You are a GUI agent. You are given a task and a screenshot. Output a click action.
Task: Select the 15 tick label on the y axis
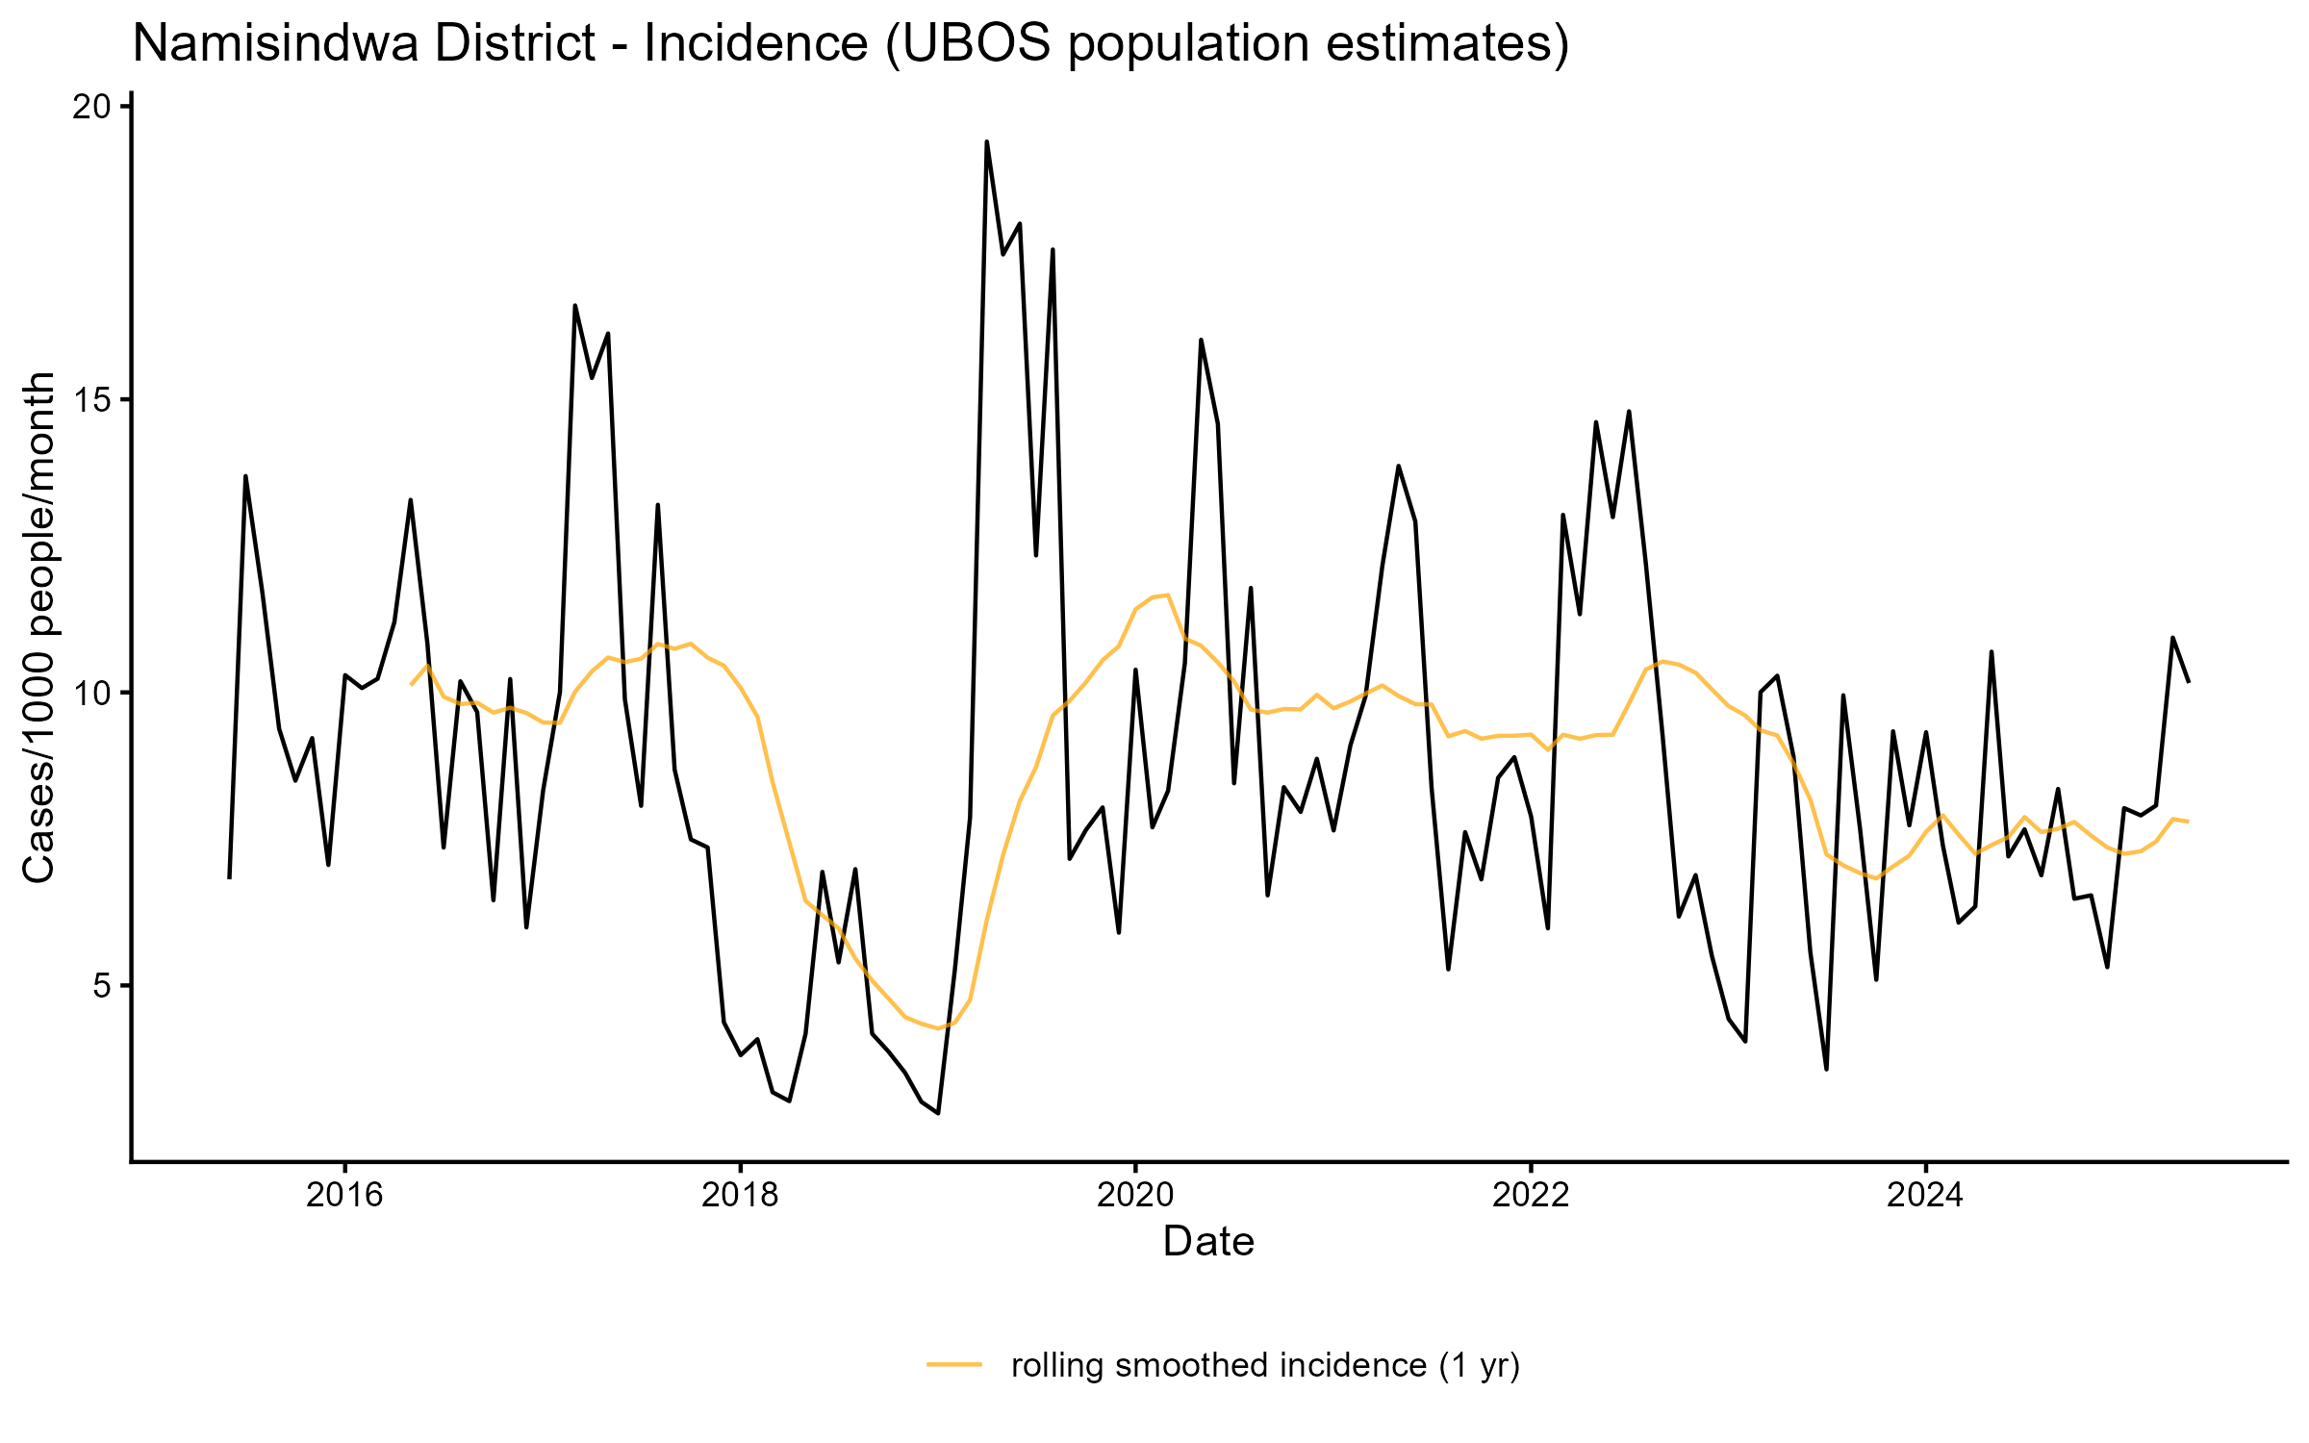point(90,400)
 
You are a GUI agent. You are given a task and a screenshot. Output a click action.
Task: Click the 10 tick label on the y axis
point(90,694)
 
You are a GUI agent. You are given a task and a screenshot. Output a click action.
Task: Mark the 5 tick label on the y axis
point(102,987)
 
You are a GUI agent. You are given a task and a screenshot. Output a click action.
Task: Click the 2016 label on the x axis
point(344,1196)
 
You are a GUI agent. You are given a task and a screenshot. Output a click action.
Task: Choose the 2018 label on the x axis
point(740,1196)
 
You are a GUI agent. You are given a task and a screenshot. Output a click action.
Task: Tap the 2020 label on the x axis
point(1135,1196)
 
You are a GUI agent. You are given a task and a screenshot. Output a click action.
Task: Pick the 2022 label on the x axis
point(1531,1196)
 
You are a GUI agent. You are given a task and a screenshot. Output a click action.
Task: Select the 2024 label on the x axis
point(1926,1196)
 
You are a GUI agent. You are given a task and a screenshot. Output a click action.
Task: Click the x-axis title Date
point(1208,1242)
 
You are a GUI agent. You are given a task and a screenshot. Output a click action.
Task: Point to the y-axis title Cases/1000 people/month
point(40,627)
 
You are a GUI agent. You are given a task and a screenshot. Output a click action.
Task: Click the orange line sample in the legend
point(954,1364)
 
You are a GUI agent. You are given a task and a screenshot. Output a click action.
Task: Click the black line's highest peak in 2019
point(986,142)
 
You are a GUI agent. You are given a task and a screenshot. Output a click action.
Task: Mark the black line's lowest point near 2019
point(938,1113)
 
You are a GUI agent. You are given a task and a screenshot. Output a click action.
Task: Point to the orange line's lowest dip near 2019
point(938,1028)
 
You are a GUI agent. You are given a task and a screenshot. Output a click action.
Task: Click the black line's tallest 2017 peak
point(575,306)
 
